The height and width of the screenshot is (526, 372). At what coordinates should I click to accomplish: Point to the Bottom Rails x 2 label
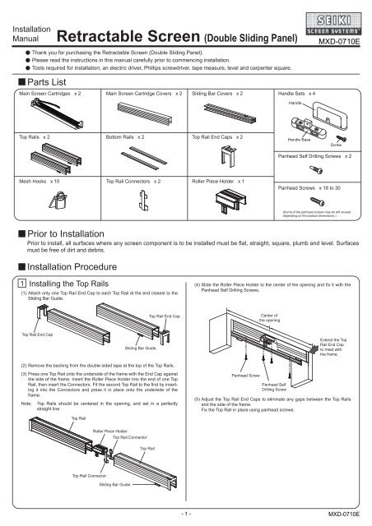click(127, 136)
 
